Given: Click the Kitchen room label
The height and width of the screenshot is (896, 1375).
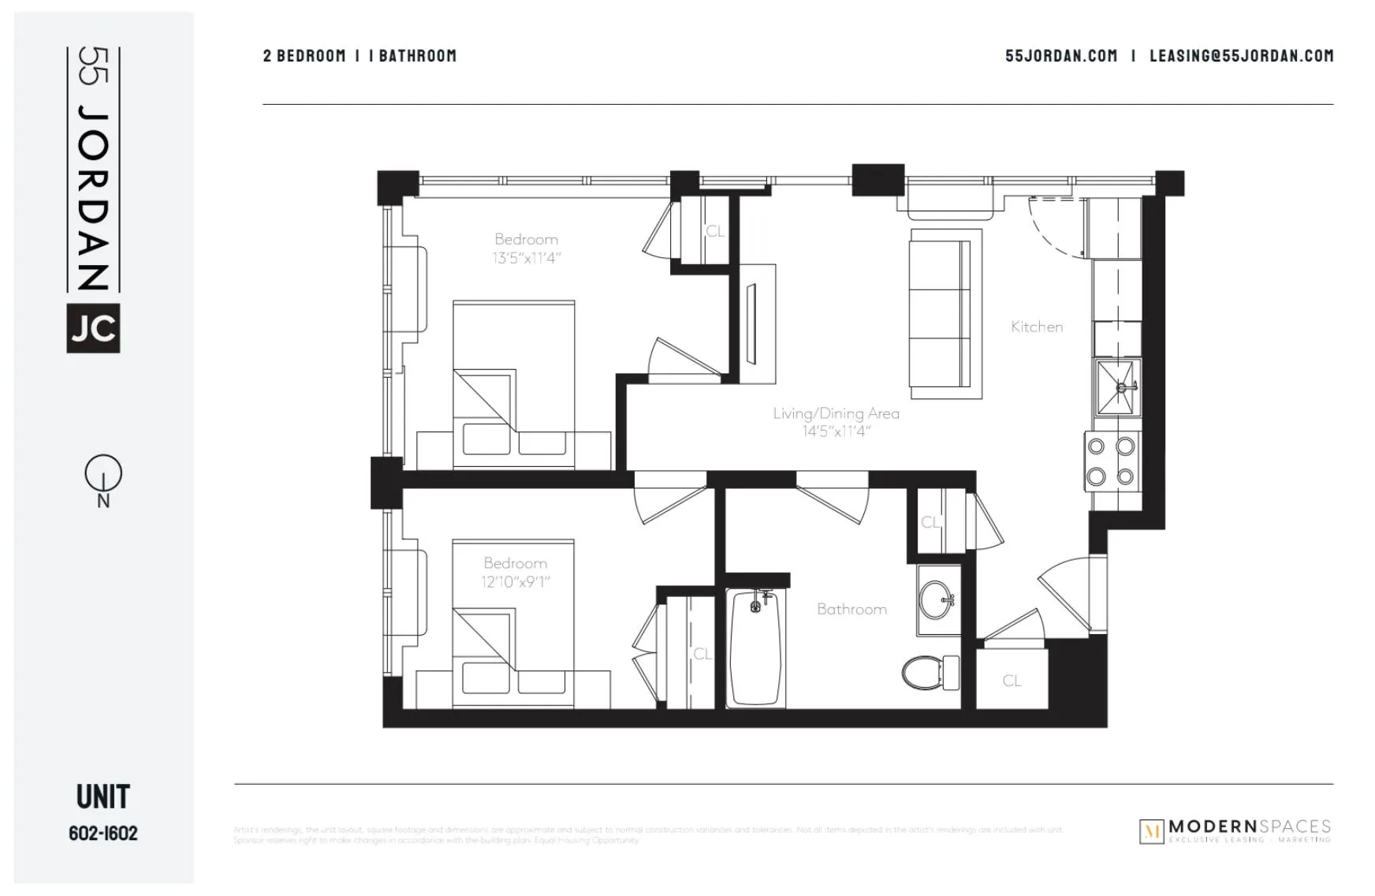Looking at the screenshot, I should point(1036,327).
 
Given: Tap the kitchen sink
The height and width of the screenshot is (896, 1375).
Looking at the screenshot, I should point(1117,387).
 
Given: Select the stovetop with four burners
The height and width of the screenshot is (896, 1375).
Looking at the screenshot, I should point(1111,461).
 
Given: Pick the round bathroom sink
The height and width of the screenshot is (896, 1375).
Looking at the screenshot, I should point(937,600).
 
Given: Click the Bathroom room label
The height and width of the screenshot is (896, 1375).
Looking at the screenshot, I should point(851,609).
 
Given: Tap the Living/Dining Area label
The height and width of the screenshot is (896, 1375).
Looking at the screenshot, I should point(836,413).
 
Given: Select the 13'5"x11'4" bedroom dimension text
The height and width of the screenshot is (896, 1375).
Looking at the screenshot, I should point(527,258).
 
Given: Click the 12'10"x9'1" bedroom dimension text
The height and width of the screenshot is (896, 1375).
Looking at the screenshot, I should point(516,582).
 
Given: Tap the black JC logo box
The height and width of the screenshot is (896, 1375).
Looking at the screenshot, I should point(93,328).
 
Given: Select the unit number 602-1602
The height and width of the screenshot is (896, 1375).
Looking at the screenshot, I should point(103,834).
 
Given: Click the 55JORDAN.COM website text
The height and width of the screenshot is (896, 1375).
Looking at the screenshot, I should point(1060,56).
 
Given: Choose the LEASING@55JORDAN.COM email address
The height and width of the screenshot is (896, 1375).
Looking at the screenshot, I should point(1241,56).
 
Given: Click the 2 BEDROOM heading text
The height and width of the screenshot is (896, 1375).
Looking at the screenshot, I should point(304,56).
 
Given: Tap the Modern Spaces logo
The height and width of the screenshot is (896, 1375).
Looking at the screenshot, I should point(1235,831).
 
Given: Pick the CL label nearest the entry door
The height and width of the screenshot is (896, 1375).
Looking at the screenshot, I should point(1012,681).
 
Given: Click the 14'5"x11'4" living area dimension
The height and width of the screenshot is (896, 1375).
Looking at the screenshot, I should point(836,431).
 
